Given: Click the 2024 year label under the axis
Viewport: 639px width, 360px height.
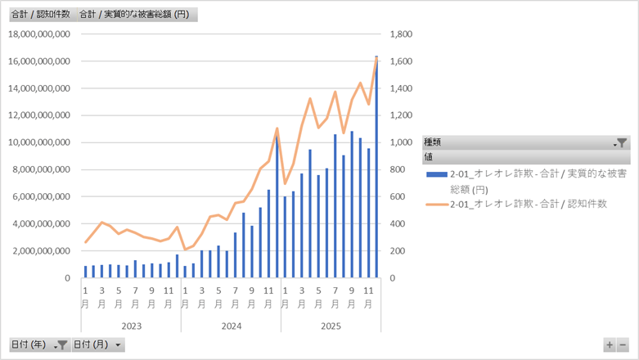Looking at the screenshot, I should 231,325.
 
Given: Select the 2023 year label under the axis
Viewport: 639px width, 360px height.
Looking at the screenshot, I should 131,325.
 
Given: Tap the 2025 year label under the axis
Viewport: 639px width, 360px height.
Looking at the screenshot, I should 331,325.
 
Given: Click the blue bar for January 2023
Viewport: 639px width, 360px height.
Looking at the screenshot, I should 85,272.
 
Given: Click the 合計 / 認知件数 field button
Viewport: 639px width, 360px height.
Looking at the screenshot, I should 39,15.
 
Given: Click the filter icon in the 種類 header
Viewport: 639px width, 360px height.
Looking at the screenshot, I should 622,142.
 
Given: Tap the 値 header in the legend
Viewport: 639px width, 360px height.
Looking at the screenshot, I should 428,156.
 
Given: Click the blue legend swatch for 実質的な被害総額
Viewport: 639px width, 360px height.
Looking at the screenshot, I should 436,174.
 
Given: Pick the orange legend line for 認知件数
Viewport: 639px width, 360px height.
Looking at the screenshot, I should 436,204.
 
